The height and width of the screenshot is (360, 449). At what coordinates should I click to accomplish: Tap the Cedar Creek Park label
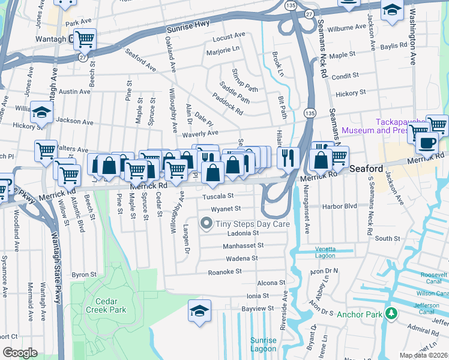tap(106, 305)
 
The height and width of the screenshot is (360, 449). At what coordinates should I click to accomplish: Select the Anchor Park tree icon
tap(391, 313)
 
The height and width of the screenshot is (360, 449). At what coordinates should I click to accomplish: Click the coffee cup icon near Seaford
tap(426, 143)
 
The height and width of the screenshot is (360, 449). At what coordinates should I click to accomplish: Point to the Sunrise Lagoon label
tap(263, 344)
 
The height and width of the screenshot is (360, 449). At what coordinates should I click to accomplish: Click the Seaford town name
tap(366, 169)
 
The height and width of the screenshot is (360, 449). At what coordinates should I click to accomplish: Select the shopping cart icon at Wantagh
tap(85, 40)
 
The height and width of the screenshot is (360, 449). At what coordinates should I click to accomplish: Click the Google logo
tap(20, 352)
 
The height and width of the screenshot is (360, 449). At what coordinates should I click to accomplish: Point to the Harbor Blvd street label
tap(340, 206)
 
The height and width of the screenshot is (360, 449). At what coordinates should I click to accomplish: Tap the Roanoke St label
tap(224, 271)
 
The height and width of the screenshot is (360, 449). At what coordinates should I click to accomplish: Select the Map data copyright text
tap(423, 355)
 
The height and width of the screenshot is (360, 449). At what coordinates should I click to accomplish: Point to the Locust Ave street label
tap(229, 37)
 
